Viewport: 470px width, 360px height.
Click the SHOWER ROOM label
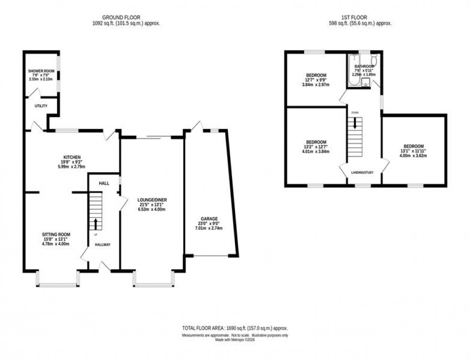41,71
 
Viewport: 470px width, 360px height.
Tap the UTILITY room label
41,105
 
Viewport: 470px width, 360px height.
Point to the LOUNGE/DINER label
152,200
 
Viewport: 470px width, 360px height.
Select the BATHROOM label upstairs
364,66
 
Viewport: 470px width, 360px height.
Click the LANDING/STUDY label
364,172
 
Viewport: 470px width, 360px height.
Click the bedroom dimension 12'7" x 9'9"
317,80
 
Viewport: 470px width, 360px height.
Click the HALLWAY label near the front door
103,244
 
